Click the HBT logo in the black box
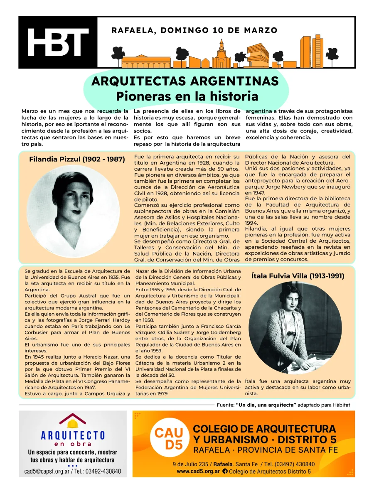pos(58,42)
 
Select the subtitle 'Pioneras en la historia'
pos(187,96)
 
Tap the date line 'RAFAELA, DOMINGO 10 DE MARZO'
pos(194,30)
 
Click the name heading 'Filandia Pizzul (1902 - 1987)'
pos(77,159)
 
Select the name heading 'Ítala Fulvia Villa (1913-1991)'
pos(298,275)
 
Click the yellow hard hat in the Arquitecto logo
pos(73,423)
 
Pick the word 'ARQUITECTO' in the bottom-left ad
pos(73,435)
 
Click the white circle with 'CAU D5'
pos(168,439)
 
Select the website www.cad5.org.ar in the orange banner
pos(198,471)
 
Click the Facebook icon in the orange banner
pos(225,471)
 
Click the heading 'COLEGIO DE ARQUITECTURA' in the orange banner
pos(265,428)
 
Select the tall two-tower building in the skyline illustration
pos(311,52)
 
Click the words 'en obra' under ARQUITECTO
pos(73,443)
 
